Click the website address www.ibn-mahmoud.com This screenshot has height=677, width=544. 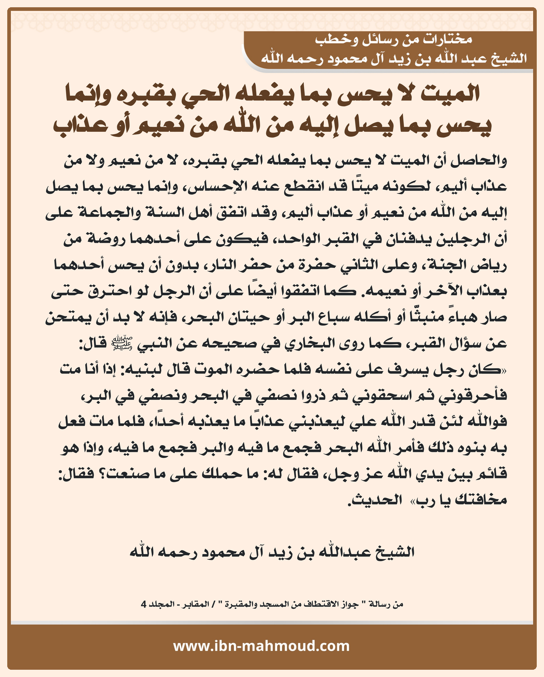coord(261,646)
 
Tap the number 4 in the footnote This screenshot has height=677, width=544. coord(144,604)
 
